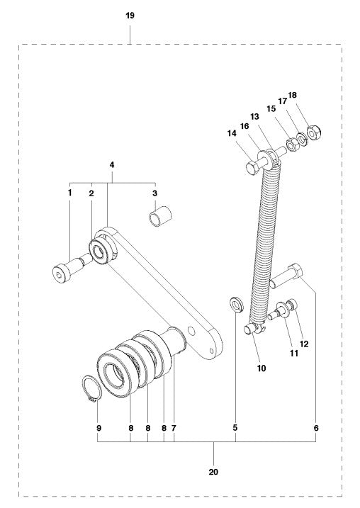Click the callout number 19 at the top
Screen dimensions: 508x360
[x=130, y=15]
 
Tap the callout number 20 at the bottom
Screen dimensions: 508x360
[x=214, y=471]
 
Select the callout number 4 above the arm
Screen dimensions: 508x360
[x=111, y=165]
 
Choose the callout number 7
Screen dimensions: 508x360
[x=174, y=429]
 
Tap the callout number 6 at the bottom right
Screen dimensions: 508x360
[x=317, y=429]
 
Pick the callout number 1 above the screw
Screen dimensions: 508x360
[x=69, y=193]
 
